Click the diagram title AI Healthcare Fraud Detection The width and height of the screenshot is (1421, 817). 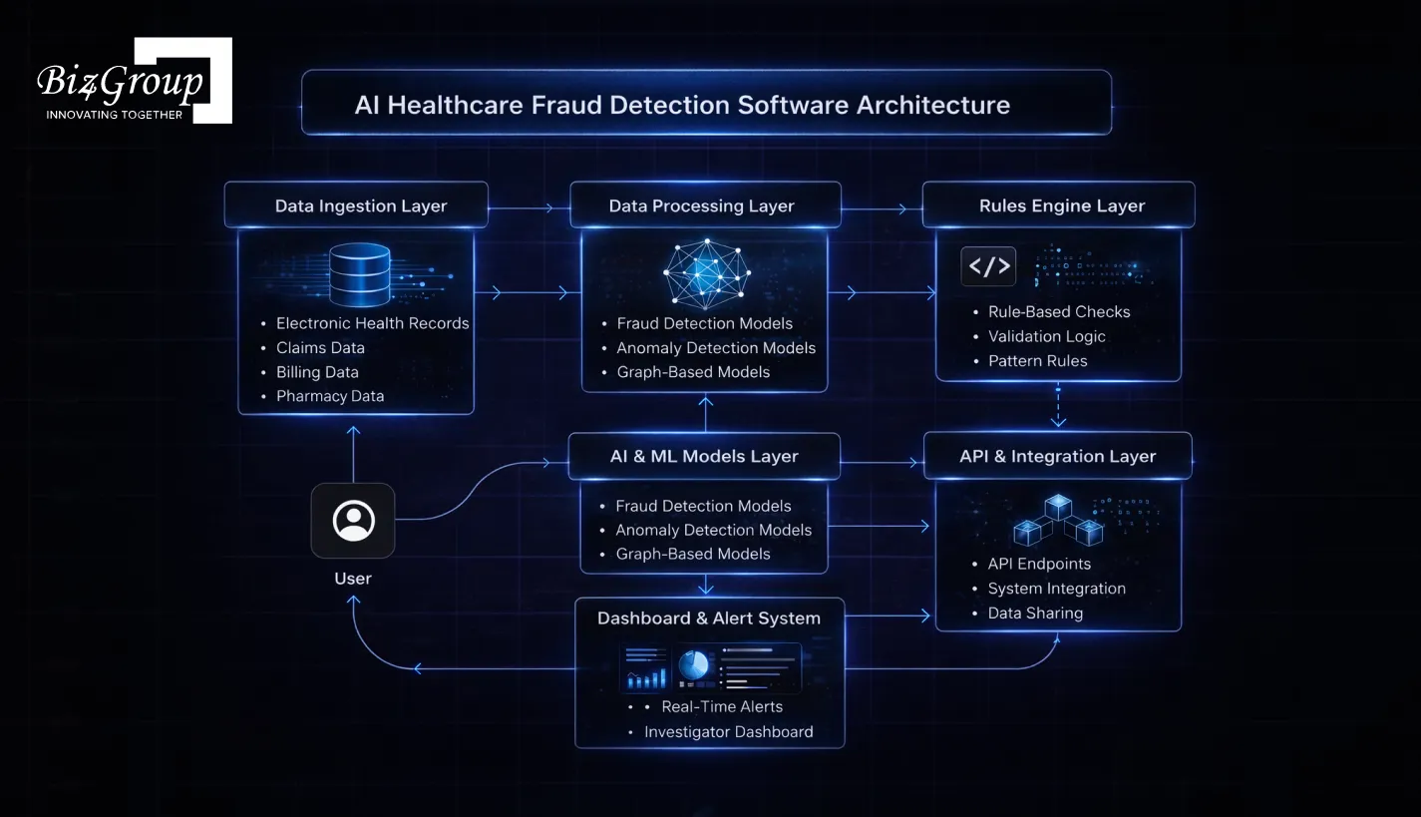pos(682,105)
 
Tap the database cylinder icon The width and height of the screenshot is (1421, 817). pos(360,274)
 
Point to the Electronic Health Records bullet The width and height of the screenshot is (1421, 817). pos(372,323)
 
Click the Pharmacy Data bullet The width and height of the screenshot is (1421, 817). pos(330,396)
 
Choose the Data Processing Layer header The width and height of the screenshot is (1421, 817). pos(701,205)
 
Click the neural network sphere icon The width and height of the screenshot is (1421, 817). pos(706,271)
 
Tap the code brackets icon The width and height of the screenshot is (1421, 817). pos(988,266)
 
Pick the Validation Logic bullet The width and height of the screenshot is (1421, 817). pos(1046,336)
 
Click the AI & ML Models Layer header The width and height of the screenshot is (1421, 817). pos(703,456)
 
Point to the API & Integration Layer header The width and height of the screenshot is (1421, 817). pos(1057,456)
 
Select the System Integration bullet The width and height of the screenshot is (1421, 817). pos(1056,589)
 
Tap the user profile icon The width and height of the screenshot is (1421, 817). pos(353,521)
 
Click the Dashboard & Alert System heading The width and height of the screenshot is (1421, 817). pos(708,618)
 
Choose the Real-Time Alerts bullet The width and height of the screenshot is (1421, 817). pos(722,706)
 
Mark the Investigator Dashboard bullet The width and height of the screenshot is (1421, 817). pos(728,731)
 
